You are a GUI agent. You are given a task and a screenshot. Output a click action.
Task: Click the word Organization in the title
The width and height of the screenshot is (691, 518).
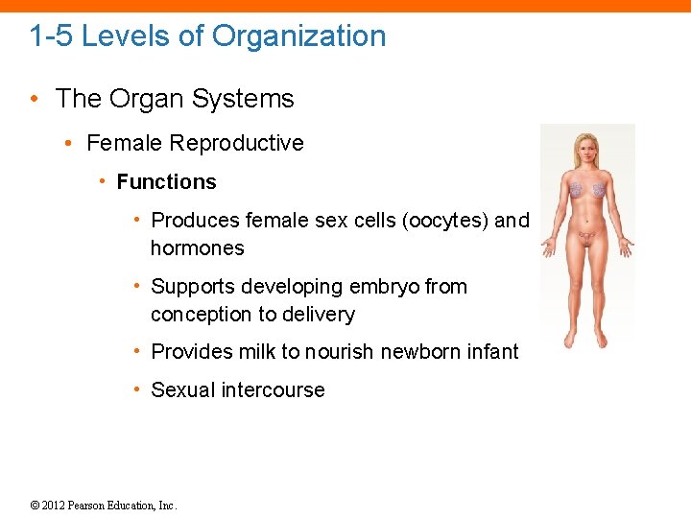click(298, 36)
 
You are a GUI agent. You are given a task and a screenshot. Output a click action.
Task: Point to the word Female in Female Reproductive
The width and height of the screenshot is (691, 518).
click(125, 143)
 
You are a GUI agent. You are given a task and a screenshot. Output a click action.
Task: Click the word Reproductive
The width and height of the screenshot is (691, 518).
click(236, 143)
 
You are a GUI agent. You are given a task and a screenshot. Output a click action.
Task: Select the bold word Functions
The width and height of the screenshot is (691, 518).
click(166, 182)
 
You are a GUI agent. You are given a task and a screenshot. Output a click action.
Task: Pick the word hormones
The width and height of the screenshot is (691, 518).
click(197, 248)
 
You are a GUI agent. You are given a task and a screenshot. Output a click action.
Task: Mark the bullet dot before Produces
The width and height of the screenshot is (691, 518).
click(138, 221)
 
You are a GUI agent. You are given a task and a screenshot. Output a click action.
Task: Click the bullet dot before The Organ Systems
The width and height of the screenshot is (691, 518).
click(35, 99)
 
